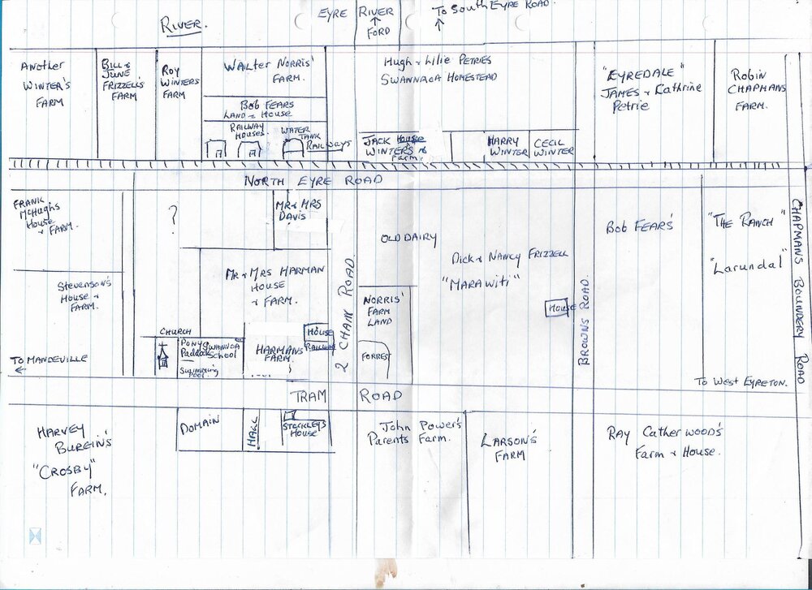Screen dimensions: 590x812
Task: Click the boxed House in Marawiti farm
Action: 556,308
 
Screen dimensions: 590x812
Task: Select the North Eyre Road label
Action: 313,181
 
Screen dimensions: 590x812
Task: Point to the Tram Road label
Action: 345,395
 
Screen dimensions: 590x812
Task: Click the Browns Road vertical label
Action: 584,320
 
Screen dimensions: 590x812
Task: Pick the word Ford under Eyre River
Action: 378,32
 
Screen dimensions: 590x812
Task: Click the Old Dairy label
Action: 408,239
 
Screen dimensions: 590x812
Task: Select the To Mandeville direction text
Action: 49,360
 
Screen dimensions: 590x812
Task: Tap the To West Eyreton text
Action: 741,381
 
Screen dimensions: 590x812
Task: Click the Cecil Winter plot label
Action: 554,146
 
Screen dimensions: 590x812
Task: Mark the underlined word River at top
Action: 184,25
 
